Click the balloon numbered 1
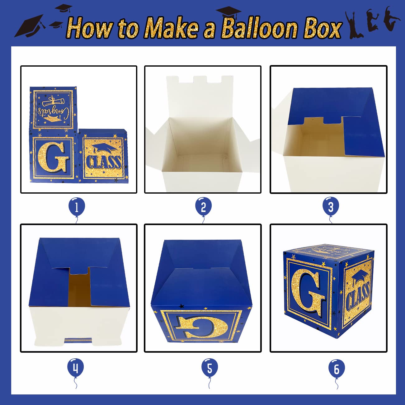click(77, 207)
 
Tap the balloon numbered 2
click(203, 207)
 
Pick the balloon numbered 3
click(331, 207)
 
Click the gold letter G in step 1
click(53, 157)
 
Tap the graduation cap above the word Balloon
click(229, 13)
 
